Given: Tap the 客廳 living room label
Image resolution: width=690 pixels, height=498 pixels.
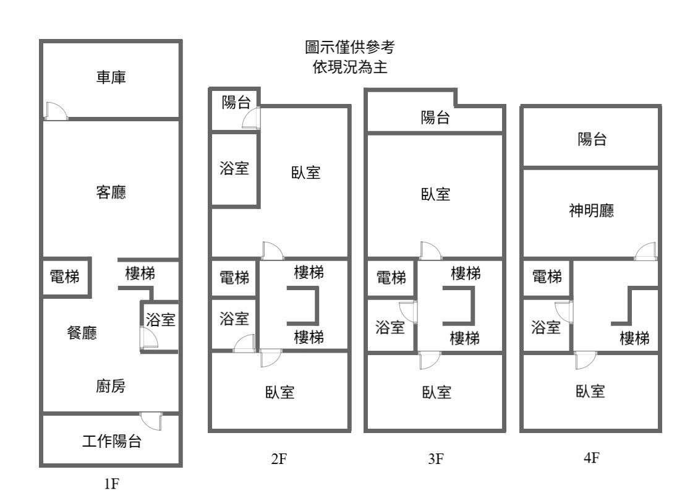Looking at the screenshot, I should coord(111,192).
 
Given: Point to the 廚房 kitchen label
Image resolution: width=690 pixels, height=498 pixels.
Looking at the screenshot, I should coord(111,387).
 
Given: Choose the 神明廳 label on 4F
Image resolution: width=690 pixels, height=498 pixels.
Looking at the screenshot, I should coord(591,212).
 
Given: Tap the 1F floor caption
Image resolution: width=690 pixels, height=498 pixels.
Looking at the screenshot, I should coord(111,484).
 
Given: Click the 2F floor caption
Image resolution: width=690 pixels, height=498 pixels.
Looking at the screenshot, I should coord(279,459).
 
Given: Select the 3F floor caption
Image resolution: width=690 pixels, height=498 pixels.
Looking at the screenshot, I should coord(436,459).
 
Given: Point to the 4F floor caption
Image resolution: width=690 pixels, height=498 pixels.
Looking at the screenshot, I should coord(592,458).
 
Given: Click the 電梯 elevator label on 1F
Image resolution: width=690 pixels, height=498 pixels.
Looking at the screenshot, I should coord(64,277).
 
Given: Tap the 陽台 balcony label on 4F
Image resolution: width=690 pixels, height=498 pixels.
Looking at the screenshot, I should coord(592,140).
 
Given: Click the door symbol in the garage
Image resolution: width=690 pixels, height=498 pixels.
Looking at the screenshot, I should coord(56,110).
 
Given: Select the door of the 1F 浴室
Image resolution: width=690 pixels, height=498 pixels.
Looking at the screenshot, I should coord(149,338).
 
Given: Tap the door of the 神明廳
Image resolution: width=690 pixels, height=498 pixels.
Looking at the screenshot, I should coord(646,250).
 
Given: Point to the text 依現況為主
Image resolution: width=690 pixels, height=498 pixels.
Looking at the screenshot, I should coord(349,67).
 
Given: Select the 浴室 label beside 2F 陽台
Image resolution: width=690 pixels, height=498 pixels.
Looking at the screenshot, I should coord(234,168).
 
